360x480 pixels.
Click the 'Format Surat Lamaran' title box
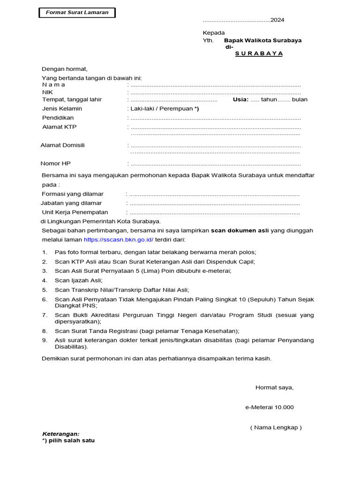[77, 13]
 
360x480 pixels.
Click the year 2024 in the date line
[277, 20]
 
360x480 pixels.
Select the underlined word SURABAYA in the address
[259, 53]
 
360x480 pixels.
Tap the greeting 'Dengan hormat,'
[65, 69]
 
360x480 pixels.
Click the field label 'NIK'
[48, 92]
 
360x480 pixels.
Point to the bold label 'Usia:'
[240, 99]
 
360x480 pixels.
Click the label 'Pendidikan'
[58, 118]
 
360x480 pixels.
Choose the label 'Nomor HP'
[56, 164]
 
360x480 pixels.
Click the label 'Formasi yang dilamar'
[73, 194]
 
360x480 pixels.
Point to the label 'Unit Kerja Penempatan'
[75, 212]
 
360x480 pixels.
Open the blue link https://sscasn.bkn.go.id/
[119, 240]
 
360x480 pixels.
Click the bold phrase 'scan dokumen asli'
[239, 231]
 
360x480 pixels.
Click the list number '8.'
[45, 331]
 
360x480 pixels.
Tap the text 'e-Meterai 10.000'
[270, 407]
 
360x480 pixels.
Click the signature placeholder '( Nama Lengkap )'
[276, 427]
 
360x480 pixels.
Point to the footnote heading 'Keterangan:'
[61, 434]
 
